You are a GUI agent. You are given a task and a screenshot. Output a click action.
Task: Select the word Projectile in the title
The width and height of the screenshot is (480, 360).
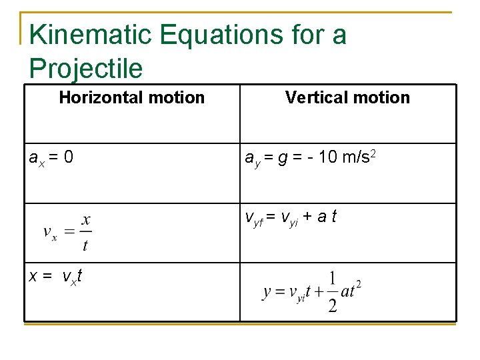(86, 68)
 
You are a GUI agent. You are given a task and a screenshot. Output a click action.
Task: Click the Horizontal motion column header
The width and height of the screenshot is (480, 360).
(131, 98)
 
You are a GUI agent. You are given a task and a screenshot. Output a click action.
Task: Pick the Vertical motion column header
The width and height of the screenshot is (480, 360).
(347, 98)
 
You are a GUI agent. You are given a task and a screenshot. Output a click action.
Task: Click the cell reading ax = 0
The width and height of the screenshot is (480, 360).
(51, 158)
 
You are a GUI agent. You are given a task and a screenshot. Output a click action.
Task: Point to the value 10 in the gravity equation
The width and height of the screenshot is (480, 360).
(327, 158)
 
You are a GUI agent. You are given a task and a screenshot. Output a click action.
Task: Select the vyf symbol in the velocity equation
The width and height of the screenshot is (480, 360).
(254, 218)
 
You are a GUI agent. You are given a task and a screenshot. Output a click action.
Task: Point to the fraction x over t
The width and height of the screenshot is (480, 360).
(85, 232)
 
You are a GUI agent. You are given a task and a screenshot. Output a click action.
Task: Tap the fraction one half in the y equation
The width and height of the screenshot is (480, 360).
(332, 291)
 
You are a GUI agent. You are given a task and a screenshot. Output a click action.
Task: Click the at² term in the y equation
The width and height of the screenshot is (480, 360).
(351, 291)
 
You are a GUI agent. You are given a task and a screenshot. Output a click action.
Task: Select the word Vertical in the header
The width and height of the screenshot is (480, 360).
(316, 98)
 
